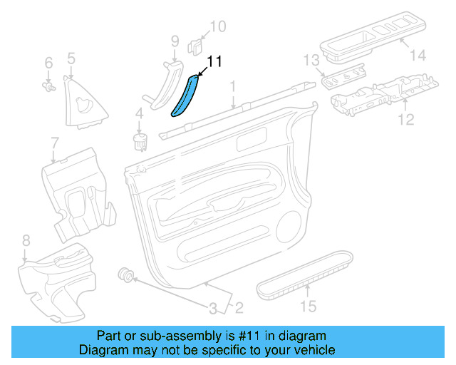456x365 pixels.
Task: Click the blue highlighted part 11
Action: pos(186,96)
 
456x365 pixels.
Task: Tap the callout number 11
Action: pos(214,62)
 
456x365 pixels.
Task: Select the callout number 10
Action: pos(217,27)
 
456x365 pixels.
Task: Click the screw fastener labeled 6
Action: pos(49,88)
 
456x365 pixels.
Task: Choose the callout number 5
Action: pos(71,58)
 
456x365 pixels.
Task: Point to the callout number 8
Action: pos(26,240)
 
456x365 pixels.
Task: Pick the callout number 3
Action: pos(212,309)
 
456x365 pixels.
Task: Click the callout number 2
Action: pos(239,309)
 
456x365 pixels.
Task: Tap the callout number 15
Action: pos(308,307)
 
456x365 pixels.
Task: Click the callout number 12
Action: pos(405,120)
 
